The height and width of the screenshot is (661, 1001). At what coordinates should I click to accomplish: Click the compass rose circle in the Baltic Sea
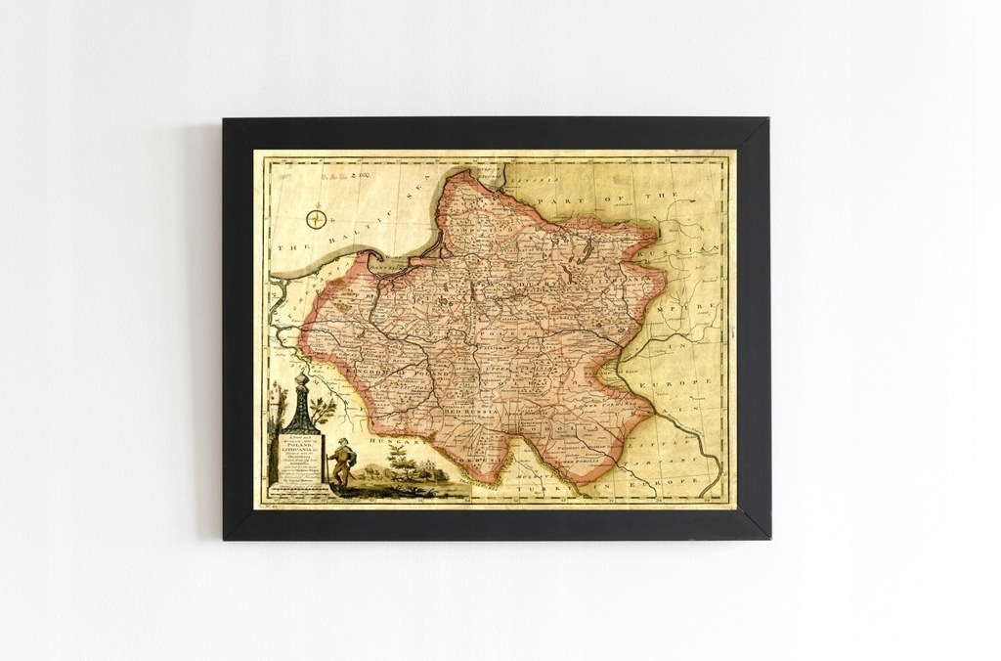316,219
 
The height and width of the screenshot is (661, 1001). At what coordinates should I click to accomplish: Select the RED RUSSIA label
471,414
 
